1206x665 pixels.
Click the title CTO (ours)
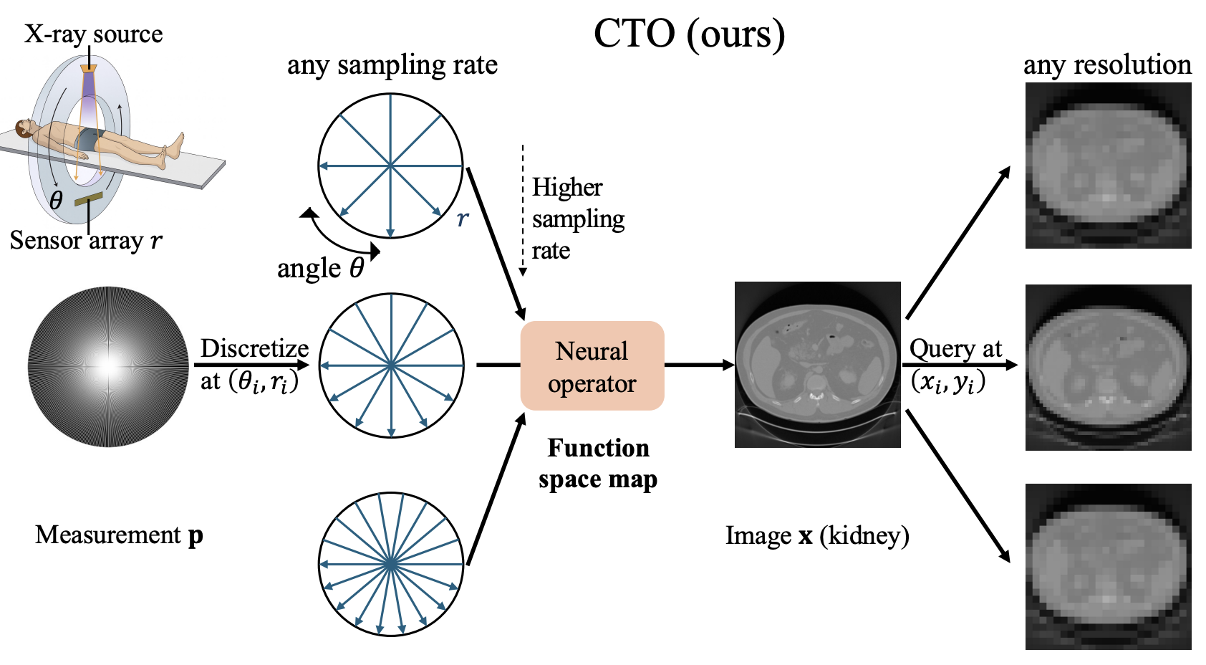689,34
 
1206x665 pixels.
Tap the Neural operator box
592,366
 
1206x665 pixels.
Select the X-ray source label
93,34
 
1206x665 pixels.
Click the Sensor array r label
86,240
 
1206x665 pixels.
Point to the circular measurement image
108,366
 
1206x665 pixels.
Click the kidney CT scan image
817,364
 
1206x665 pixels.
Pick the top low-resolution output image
1108,166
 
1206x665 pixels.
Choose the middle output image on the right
1108,368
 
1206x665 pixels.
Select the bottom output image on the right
1108,566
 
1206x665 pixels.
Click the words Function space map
598,464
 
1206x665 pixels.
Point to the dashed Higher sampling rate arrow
522,210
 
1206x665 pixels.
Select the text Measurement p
119,536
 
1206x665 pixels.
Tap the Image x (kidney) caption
817,536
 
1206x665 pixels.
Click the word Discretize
255,349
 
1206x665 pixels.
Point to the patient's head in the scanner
22,129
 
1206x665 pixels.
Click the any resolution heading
1107,66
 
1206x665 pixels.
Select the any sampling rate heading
392,66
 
